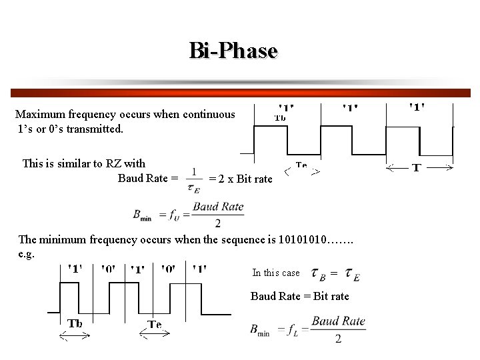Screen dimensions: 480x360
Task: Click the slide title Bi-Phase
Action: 233,51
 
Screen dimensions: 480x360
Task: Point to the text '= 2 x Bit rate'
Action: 241,179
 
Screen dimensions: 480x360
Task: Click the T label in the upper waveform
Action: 416,168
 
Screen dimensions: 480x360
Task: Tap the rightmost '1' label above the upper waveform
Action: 417,106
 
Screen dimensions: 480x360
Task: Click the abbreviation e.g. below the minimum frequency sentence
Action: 27,254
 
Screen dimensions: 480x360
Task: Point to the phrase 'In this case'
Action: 276,273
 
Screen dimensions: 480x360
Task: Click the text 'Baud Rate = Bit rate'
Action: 299,296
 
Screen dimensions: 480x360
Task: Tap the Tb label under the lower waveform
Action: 75,324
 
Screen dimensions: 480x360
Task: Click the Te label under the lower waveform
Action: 154,325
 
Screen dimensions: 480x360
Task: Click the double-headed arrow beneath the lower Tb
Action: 75,337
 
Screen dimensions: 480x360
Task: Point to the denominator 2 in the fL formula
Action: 338,339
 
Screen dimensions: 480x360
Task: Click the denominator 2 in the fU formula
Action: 217,223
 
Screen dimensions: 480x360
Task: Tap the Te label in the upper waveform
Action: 301,165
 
